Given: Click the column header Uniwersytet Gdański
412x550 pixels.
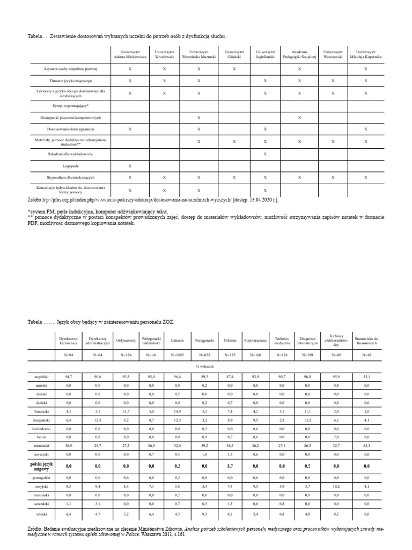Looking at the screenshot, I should (x=234, y=54).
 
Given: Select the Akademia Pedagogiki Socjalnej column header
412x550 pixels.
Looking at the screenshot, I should (x=299, y=54).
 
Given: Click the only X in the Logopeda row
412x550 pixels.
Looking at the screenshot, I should (x=129, y=166).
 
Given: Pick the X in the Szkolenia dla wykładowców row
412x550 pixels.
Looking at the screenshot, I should (x=265, y=154).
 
